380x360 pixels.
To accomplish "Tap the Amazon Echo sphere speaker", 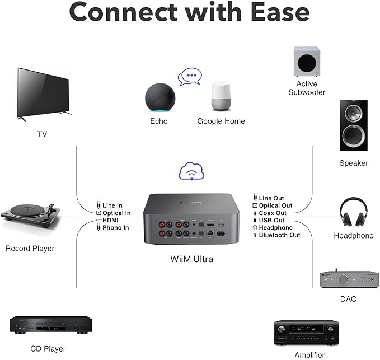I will (159, 98).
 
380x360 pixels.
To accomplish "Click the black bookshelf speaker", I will (353, 125).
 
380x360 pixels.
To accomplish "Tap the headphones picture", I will (353, 213).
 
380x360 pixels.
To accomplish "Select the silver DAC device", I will (341, 279).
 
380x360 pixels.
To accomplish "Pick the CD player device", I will (50, 324).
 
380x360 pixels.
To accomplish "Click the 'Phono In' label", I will (115, 227).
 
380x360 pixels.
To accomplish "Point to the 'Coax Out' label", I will (273, 213).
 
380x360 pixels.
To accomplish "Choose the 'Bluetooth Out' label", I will (279, 235).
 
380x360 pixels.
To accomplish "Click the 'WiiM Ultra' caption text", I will (191, 259).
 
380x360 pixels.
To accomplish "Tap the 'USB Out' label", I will (271, 220).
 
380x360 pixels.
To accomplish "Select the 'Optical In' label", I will (116, 213).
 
